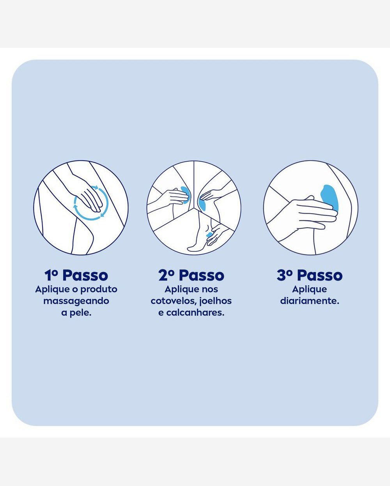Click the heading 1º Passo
(x=76, y=275)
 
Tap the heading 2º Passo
(x=191, y=275)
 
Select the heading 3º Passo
(x=310, y=275)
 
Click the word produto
(x=99, y=290)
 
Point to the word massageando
(x=76, y=301)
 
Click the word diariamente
(x=310, y=301)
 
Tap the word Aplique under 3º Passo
(x=310, y=290)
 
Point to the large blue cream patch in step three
(x=330, y=198)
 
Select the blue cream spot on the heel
(x=209, y=235)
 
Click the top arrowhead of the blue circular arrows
(x=96, y=187)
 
